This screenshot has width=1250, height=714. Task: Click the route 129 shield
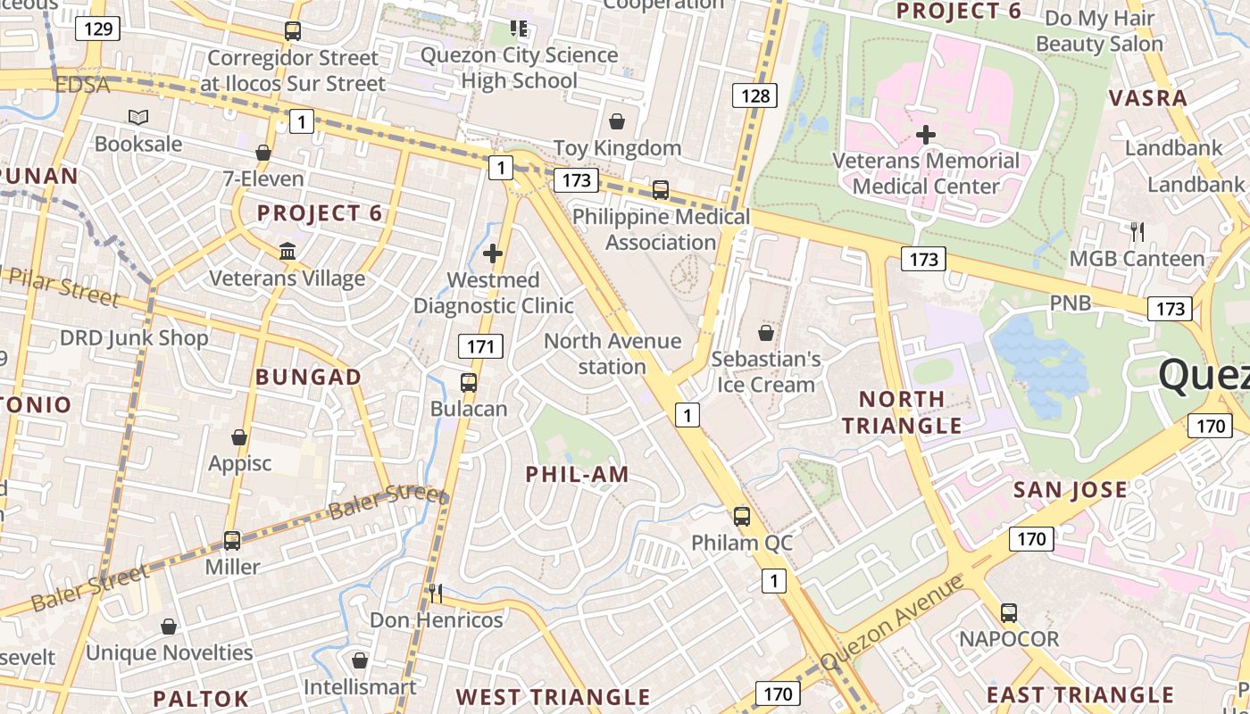[x=98, y=29]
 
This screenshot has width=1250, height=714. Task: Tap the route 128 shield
[x=755, y=95]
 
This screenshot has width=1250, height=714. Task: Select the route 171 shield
[x=480, y=346]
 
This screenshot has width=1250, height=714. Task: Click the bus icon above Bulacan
[x=469, y=383]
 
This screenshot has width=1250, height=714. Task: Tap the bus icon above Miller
[x=232, y=540]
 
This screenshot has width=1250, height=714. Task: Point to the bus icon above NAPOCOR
[x=1009, y=613]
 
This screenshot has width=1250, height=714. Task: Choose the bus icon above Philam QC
[x=742, y=516]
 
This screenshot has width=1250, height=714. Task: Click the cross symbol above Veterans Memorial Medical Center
[x=926, y=135]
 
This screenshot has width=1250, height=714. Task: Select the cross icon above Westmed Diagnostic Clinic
[x=493, y=254]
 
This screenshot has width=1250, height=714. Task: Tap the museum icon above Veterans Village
[x=287, y=252]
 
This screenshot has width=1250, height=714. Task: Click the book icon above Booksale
[x=138, y=117]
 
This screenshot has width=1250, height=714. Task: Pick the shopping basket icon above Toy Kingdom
[x=616, y=121]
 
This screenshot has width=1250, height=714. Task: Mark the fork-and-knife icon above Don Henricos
[x=436, y=593]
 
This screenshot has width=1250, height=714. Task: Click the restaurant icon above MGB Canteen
[x=1137, y=232]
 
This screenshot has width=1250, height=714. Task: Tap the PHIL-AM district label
[x=578, y=475]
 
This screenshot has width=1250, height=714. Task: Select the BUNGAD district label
[x=309, y=378]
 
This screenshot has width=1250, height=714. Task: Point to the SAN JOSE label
[x=1071, y=490]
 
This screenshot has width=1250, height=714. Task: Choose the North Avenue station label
[x=612, y=354]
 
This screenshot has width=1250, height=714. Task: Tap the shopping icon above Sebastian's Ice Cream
[x=766, y=333]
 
